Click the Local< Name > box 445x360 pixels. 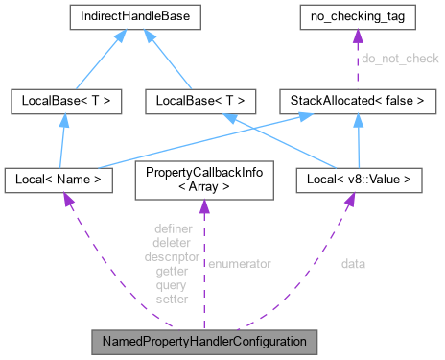pyautogui.click(x=61, y=178)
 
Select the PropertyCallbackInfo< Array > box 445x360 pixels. pyautogui.click(x=203, y=178)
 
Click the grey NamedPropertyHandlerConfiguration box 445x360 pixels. pyautogui.click(x=203, y=341)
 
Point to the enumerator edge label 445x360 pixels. pyautogui.click(x=240, y=262)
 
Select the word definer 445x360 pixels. pyautogui.click(x=172, y=228)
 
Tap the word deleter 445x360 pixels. pyautogui.click(x=172, y=243)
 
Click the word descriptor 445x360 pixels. pyautogui.click(x=172, y=257)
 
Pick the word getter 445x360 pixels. pyautogui.click(x=172, y=272)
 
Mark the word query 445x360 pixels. pyautogui.click(x=172, y=285)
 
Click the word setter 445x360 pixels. pyautogui.click(x=172, y=300)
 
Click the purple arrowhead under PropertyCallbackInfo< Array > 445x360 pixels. pyautogui.click(x=203, y=207)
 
